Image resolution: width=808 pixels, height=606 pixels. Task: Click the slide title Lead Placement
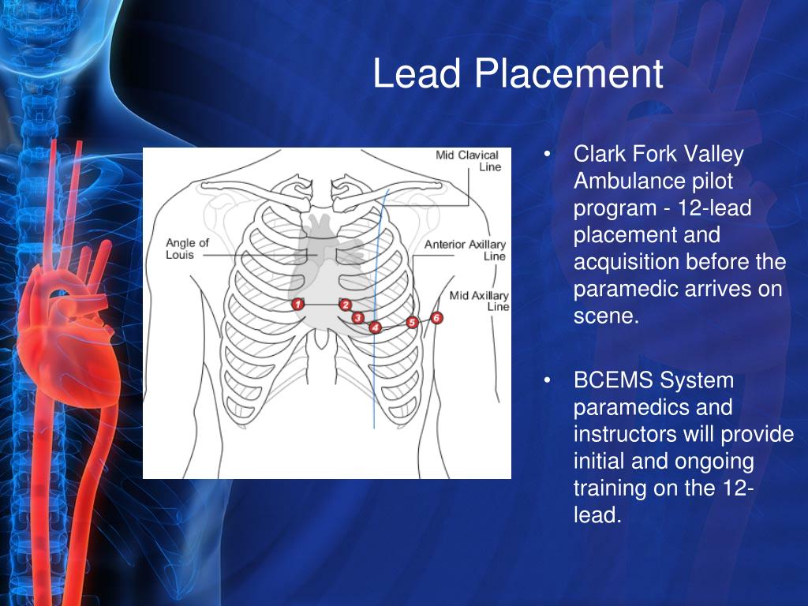coord(518,74)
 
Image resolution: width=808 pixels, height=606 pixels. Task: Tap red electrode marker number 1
coord(297,304)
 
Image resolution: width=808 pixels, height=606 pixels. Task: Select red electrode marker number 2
coord(346,305)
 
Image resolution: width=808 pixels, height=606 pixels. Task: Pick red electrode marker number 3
coord(357,317)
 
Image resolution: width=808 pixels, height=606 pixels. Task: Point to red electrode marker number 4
coord(376,327)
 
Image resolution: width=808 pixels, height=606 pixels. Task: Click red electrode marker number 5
coord(412,322)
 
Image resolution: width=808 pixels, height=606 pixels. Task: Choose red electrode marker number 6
coord(437,317)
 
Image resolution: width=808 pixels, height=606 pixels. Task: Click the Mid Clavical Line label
coord(468,161)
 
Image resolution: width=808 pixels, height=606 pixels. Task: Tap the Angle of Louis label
coord(187,249)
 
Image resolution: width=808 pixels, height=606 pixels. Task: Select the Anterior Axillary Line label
coord(466,250)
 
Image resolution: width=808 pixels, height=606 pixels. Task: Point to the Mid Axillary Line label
coord(480,301)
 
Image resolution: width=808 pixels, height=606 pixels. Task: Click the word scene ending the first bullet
coord(602,316)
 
